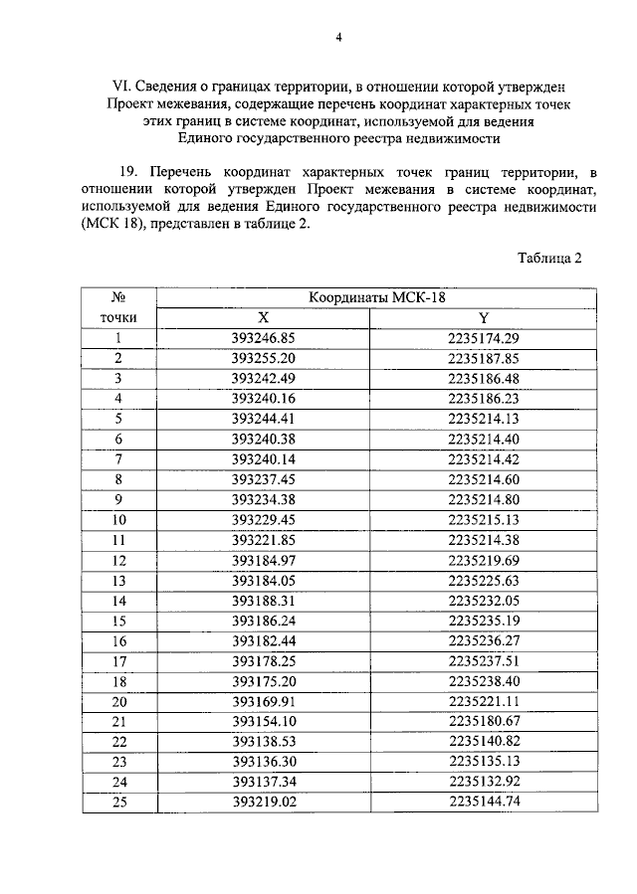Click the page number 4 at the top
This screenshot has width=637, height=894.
(x=338, y=38)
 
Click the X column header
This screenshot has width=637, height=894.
(x=264, y=317)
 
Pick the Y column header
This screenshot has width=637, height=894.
(x=485, y=317)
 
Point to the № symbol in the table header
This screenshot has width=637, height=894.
(x=117, y=298)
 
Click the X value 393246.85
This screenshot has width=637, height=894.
(x=264, y=337)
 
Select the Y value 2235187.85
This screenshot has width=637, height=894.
(x=485, y=357)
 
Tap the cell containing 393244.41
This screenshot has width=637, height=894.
(x=264, y=418)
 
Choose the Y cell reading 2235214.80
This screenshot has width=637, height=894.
(x=485, y=498)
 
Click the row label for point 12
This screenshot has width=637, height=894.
(x=118, y=559)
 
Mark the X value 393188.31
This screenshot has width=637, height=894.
(x=264, y=600)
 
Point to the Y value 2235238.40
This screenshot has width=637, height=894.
(x=485, y=680)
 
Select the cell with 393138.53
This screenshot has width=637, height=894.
(x=264, y=741)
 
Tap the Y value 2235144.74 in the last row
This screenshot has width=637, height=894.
(x=485, y=802)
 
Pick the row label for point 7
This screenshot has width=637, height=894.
(x=118, y=458)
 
